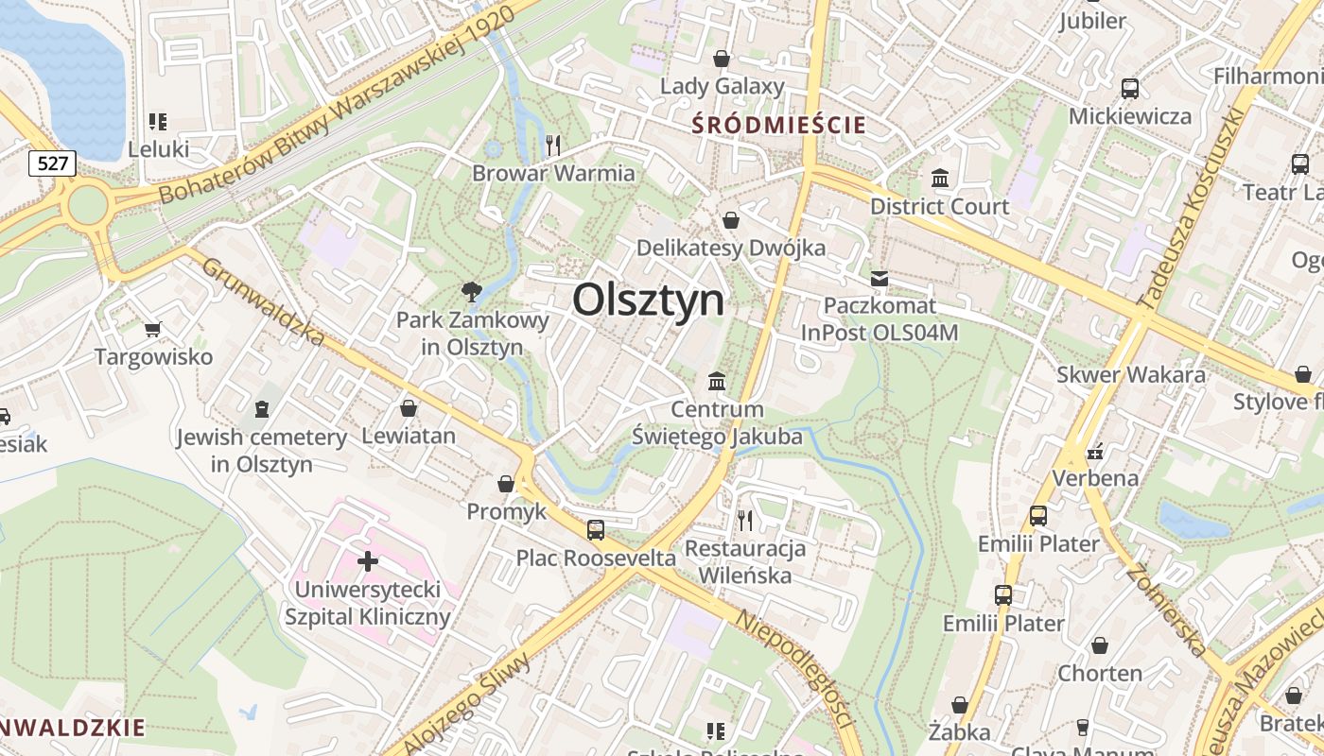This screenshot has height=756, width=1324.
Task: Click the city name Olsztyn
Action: [x=649, y=301]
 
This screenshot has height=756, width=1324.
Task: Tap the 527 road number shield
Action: [x=52, y=163]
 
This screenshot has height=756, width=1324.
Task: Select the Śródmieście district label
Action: [x=778, y=125]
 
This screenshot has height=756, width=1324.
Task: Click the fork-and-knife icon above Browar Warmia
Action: [x=553, y=145]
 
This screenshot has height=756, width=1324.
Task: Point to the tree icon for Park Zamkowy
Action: [x=471, y=291]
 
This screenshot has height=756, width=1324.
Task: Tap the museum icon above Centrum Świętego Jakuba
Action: [x=717, y=382]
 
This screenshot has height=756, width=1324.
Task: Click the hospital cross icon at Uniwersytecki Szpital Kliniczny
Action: [x=368, y=561]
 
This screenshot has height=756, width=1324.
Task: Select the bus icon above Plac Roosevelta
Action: [x=595, y=529]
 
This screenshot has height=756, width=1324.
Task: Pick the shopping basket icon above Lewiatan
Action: [x=409, y=408]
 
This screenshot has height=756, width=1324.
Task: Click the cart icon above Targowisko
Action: [x=153, y=329]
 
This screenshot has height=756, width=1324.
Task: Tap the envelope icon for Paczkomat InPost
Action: [x=880, y=278]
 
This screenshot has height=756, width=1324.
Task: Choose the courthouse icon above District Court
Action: [x=940, y=178]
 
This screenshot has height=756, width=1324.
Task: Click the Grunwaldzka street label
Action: [x=264, y=301]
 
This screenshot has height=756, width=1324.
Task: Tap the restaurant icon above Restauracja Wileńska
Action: [x=745, y=520]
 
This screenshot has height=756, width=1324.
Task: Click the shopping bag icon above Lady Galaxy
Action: [x=722, y=59]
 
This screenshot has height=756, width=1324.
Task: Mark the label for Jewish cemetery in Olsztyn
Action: [x=262, y=451]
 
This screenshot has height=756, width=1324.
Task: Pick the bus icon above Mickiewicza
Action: [x=1129, y=89]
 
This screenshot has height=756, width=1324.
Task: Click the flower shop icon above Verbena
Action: [x=1095, y=451]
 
